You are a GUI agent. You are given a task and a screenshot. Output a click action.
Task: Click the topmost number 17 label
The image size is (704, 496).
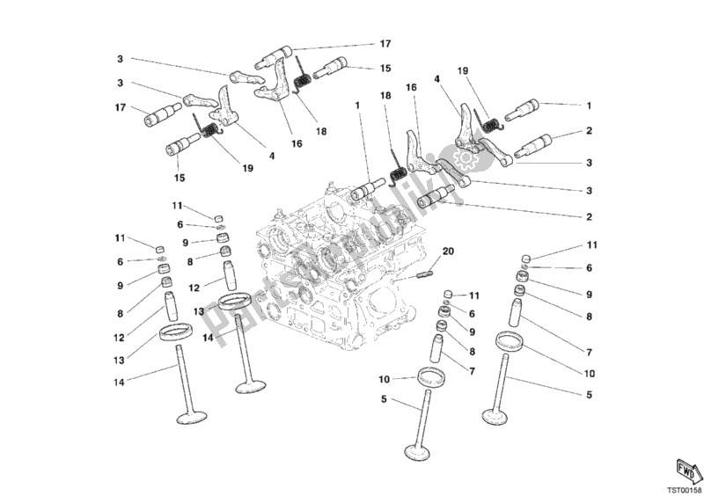[x=385, y=43]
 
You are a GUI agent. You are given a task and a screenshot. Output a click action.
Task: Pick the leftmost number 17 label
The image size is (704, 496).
[x=121, y=109]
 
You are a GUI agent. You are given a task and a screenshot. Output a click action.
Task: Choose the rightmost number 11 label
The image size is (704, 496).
[x=592, y=244]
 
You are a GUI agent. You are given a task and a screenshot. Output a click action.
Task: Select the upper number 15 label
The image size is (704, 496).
[x=385, y=68]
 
